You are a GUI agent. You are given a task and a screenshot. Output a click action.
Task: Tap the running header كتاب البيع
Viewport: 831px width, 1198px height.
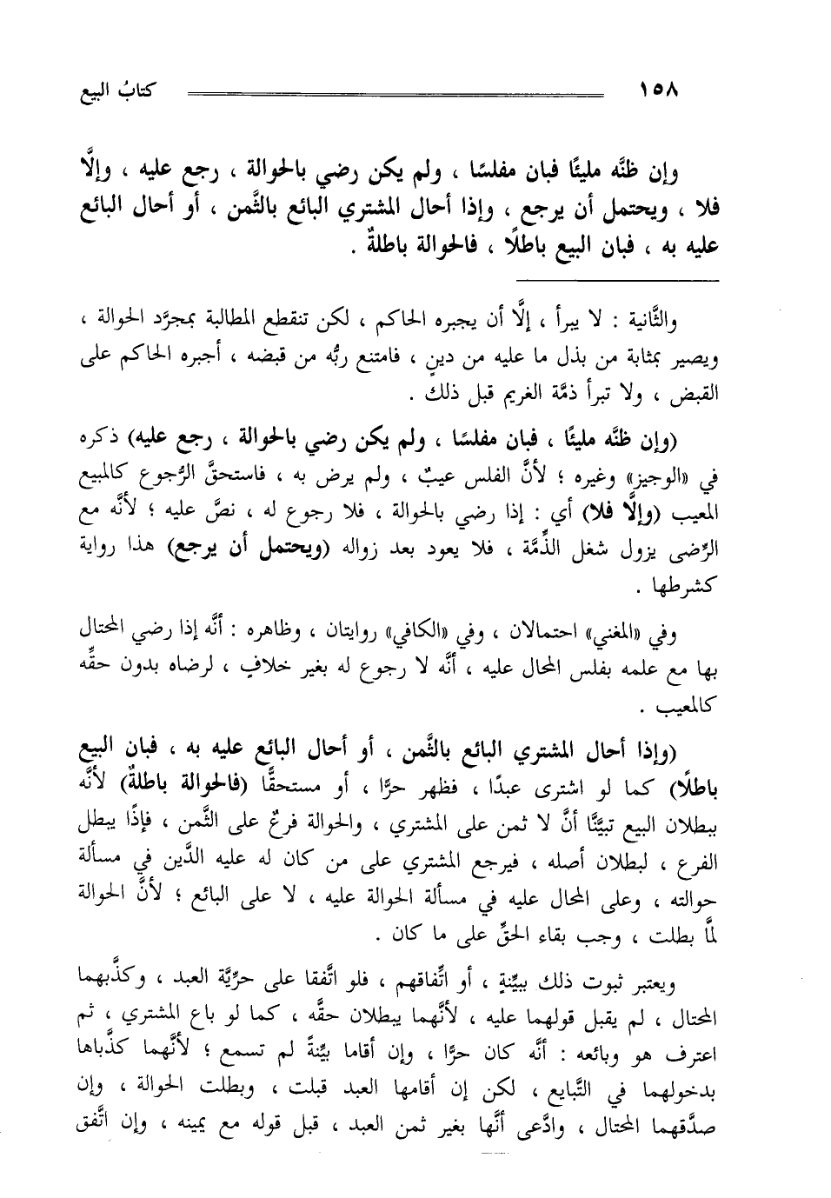click(x=114, y=90)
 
